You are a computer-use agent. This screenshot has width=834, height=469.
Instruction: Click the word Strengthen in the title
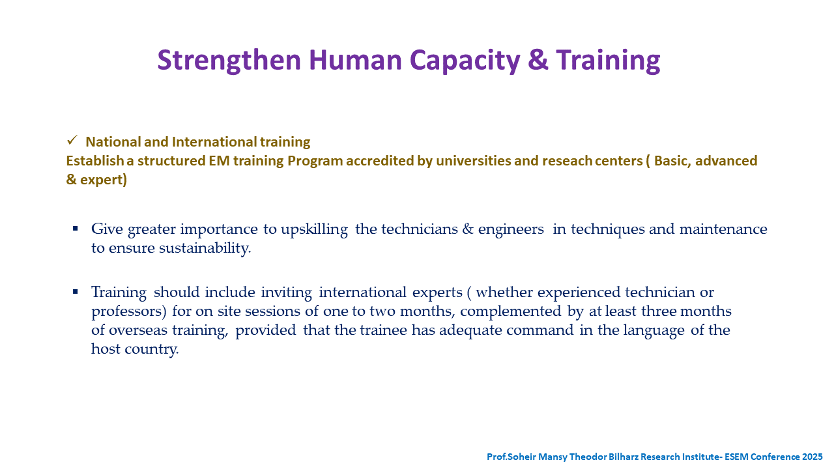click(229, 61)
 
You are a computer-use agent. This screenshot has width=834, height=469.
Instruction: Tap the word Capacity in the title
click(465, 61)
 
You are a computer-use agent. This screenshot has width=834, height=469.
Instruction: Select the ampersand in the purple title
click(538, 59)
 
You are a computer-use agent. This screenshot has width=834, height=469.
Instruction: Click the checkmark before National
click(72, 140)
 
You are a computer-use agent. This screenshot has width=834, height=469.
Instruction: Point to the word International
click(214, 142)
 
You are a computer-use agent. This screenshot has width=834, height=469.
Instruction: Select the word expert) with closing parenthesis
click(104, 180)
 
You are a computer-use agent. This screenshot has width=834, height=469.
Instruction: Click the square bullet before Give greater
click(75, 229)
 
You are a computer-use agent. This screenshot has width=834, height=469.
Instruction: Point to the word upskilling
click(314, 230)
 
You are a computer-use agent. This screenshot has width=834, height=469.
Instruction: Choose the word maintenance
click(723, 229)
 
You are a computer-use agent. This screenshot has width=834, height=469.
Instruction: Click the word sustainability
click(205, 249)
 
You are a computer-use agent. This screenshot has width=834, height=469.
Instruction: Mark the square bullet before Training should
click(75, 292)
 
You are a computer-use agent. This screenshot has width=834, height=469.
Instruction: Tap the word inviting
click(286, 293)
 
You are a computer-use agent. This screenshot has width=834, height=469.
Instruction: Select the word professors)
click(129, 312)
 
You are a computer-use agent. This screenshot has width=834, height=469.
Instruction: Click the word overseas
click(138, 330)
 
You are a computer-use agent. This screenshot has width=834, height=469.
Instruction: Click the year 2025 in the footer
click(812, 457)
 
